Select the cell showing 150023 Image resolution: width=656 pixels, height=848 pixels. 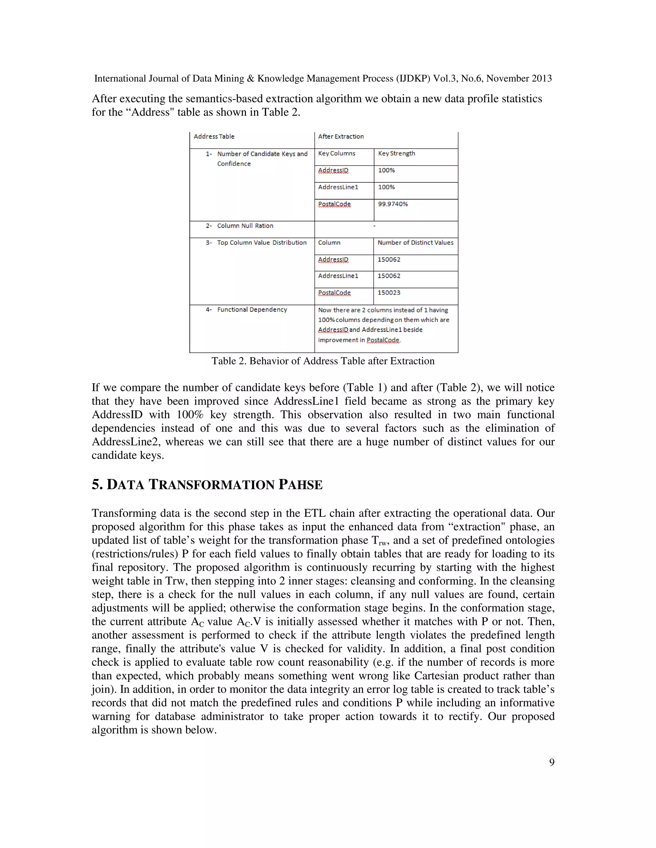389,293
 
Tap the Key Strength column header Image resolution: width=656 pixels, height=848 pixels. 397,153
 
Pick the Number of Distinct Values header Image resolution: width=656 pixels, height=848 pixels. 415,243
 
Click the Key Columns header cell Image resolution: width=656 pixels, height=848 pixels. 337,153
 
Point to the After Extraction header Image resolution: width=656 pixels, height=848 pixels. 341,137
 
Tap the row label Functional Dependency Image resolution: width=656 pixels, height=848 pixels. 252,310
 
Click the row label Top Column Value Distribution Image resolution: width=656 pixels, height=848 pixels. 262,243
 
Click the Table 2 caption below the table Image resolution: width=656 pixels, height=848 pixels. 323,361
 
